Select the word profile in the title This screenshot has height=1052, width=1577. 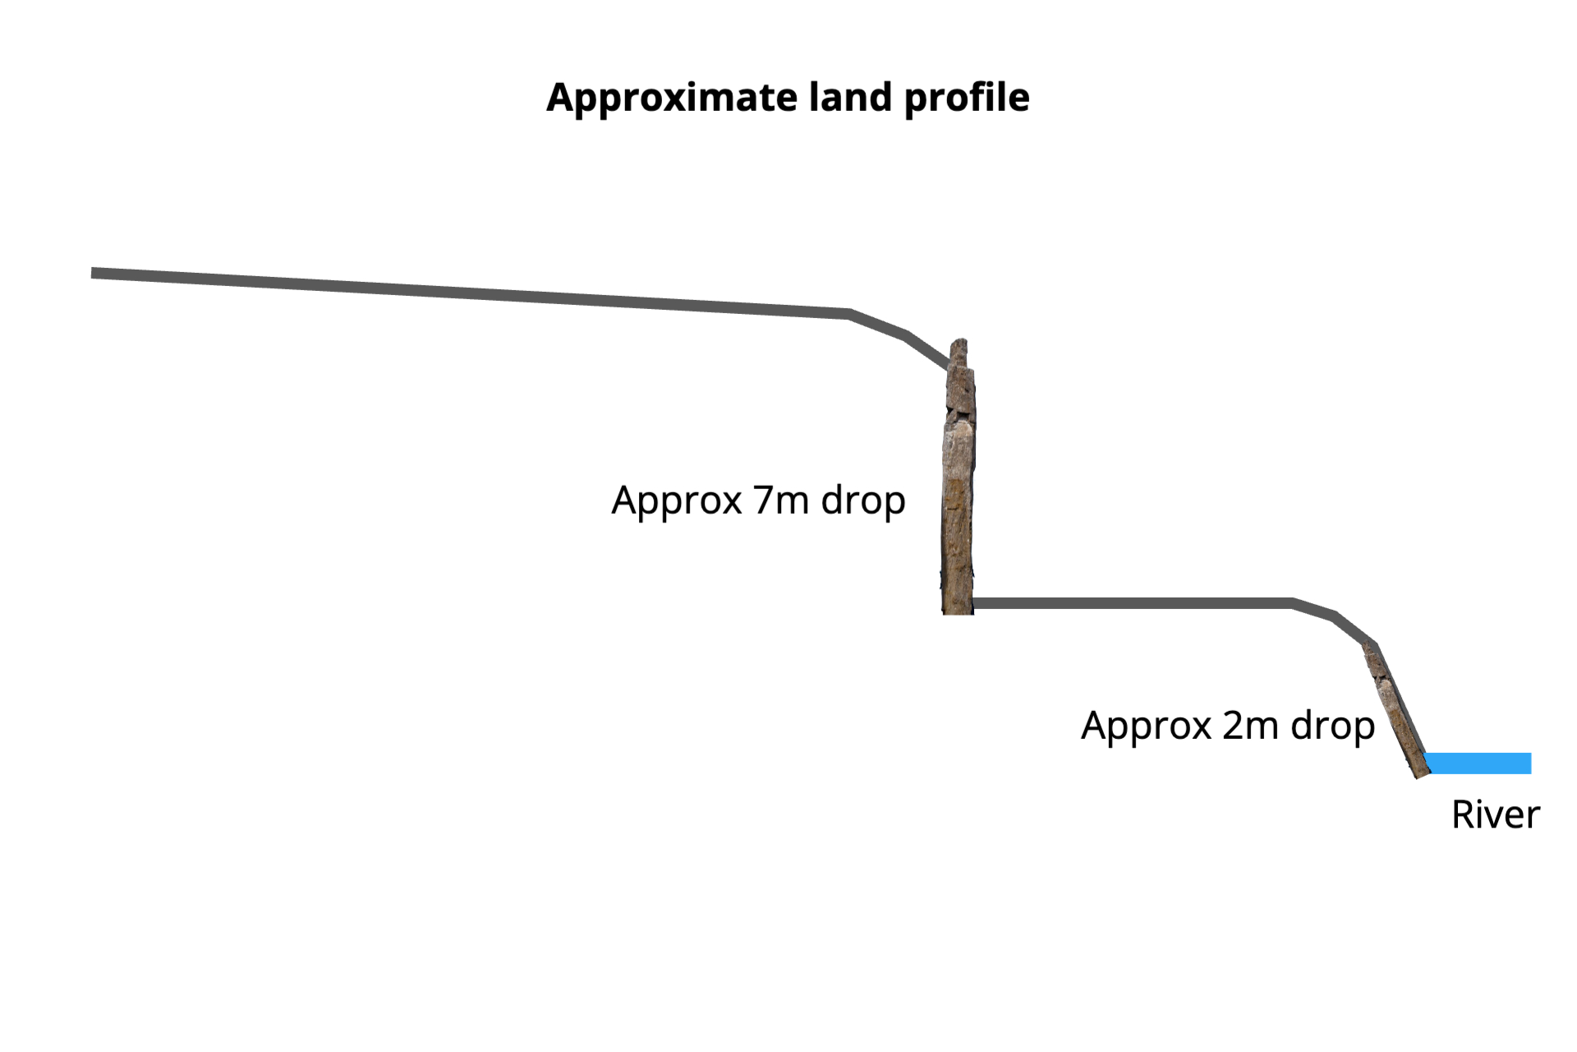point(967,99)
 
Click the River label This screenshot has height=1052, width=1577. point(1495,814)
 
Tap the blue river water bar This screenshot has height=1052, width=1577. point(1478,764)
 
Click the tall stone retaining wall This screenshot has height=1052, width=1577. point(959,477)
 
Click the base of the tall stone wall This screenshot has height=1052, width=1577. point(958,612)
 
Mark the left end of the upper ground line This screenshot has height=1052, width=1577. point(92,273)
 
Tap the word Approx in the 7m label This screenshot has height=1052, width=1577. point(677,501)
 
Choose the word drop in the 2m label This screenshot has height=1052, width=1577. point(1332,727)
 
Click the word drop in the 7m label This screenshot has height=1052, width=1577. point(863,501)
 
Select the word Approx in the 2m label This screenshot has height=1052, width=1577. point(1147,727)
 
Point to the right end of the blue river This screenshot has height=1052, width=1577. point(1531,764)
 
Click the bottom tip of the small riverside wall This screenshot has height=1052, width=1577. point(1419,777)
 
